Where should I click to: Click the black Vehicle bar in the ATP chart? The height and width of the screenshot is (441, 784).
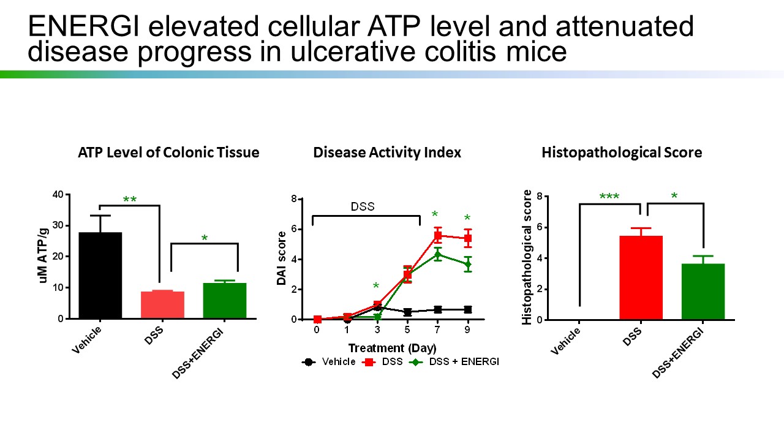pos(100,276)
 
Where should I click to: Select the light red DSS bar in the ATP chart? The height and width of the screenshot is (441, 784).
pos(162,305)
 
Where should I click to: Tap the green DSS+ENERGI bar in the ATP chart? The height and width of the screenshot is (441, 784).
pos(225,301)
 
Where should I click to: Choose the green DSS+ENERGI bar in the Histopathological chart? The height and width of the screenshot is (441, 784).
pos(703,292)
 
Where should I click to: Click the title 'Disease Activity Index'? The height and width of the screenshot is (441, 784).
pos(387,153)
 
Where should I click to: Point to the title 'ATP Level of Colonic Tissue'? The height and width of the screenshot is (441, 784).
pos(168,153)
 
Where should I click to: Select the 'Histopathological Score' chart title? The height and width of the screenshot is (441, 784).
pos(622,153)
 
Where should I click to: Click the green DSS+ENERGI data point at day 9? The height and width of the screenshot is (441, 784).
pos(467,265)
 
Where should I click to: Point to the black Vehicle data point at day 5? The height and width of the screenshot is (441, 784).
pos(407,312)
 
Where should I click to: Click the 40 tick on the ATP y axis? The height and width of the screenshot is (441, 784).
pos(58,195)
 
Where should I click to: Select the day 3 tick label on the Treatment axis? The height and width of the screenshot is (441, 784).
pos(377,330)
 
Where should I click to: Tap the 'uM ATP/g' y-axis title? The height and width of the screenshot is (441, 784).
pos(43,257)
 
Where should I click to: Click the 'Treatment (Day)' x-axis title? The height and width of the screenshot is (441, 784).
pos(392,349)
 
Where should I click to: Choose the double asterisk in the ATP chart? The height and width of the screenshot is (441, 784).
pos(130,200)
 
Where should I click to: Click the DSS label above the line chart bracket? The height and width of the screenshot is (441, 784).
pos(362,206)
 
